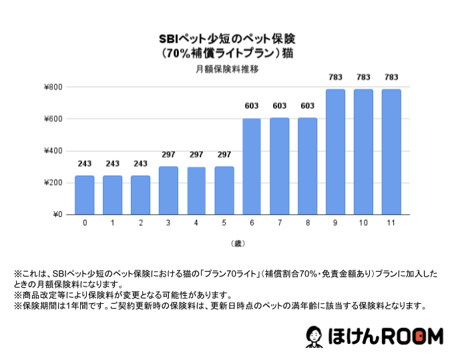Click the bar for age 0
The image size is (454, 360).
[x=85, y=195]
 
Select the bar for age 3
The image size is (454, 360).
[x=168, y=190]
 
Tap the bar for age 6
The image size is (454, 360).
[x=252, y=166]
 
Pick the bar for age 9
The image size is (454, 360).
[x=335, y=152]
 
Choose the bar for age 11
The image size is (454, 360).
[x=391, y=152]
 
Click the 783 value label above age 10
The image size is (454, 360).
[x=363, y=77]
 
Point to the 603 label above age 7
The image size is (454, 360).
[x=280, y=106]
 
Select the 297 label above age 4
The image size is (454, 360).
[x=196, y=155]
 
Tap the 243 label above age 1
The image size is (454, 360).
[x=113, y=164]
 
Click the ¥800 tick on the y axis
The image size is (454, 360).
[x=53, y=87]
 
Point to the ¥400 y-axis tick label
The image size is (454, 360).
[x=53, y=151]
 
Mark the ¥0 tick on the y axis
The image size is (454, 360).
[x=57, y=214]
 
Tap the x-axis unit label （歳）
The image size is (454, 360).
[x=238, y=243]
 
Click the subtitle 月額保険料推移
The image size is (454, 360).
[x=228, y=68]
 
